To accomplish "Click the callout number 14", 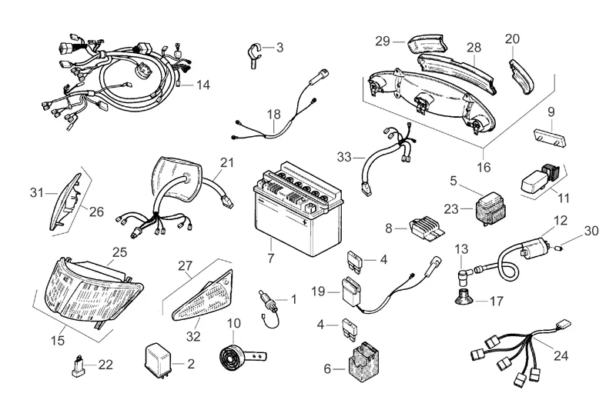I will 203,84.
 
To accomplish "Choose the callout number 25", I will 119,252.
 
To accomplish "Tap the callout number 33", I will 346,156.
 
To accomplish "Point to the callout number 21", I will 226,163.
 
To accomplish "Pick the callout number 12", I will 560,220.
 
